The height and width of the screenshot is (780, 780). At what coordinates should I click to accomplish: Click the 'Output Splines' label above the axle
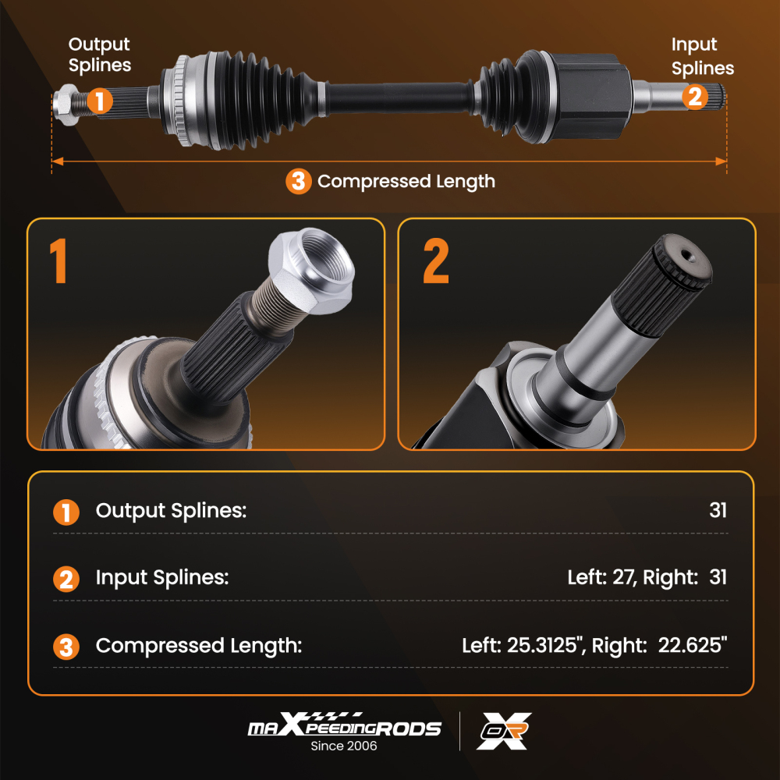99,55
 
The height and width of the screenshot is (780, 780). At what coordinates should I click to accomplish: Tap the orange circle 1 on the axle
99,101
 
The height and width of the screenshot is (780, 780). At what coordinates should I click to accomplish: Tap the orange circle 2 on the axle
695,97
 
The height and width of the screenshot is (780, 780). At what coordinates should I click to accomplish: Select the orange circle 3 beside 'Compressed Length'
298,182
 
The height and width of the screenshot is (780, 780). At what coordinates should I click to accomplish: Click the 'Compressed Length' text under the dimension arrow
406,182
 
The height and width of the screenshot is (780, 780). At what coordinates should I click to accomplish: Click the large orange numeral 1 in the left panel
58,262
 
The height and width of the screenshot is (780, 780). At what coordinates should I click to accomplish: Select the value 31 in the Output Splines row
718,511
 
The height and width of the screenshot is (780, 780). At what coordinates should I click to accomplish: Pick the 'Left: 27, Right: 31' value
647,578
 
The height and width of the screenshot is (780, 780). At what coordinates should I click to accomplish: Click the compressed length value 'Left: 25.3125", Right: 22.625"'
594,646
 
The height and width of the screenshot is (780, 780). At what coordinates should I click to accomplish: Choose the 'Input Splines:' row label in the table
162,578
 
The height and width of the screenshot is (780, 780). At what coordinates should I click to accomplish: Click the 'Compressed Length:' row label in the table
198,646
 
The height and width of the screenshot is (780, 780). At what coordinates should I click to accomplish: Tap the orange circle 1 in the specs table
66,512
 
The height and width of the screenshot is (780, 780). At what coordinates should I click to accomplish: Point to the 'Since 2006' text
344,746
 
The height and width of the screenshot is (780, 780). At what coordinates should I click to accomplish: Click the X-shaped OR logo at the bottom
505,731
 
